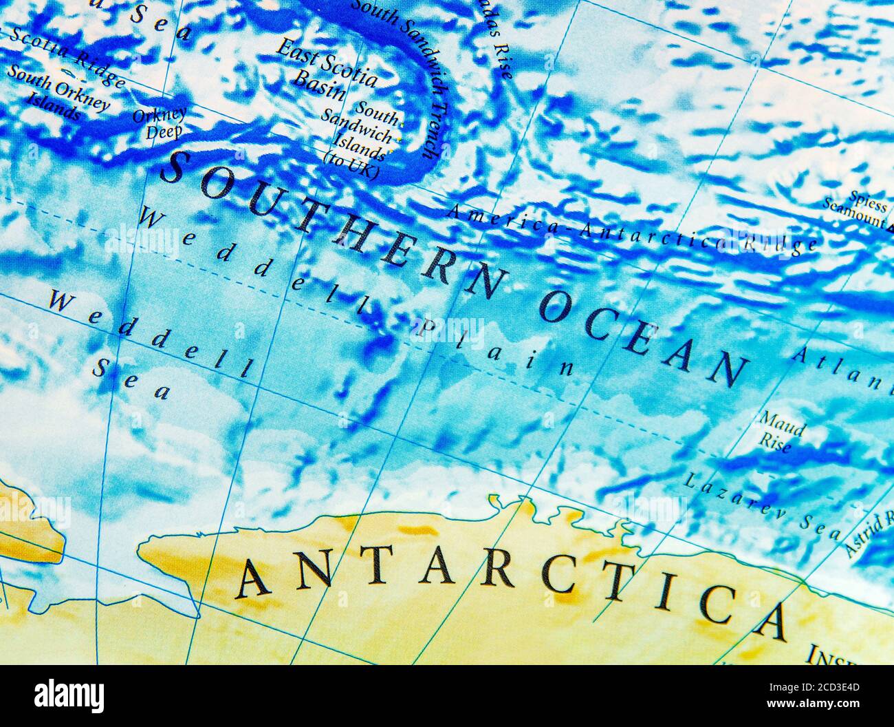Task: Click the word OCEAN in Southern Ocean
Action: point(643,337)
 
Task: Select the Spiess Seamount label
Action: point(857,209)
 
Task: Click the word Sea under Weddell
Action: point(131,378)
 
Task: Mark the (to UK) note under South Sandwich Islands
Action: point(350,165)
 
